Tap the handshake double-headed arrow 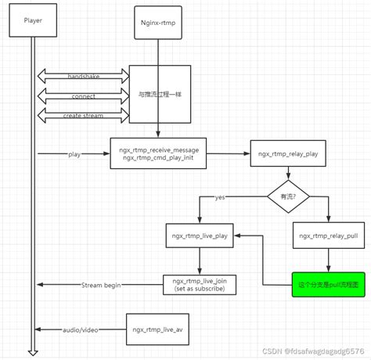[x=83, y=76]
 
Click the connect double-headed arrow [x=83, y=96]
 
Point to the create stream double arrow [x=83, y=116]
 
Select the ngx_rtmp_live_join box [x=200, y=285]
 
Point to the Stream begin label [x=101, y=285]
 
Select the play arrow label [x=75, y=153]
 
